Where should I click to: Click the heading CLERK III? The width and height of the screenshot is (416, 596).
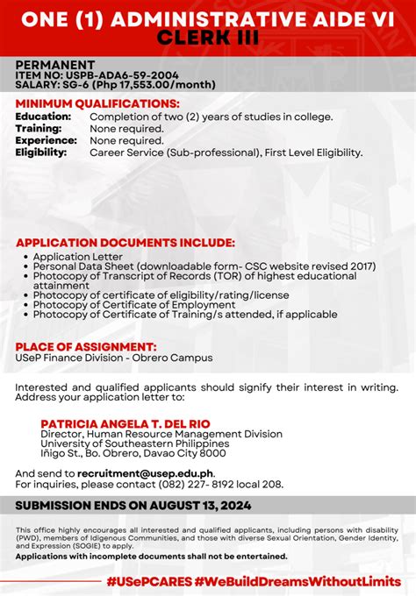point(207,37)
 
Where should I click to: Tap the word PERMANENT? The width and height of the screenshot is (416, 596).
point(54,65)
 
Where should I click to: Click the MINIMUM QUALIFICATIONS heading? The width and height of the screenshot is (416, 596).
point(97,103)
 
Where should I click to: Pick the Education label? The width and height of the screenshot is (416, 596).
point(43,117)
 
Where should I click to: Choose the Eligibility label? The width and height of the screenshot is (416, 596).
point(40,153)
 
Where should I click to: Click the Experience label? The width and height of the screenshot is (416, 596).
point(46,140)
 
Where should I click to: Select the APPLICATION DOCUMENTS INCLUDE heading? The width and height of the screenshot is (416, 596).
point(125,242)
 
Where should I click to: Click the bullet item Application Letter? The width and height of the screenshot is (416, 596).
point(78,256)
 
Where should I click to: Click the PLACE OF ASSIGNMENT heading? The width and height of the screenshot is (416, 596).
point(86,347)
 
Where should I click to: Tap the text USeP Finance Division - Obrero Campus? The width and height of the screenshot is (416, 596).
point(113,358)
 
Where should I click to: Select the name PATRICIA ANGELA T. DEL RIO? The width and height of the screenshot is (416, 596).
point(126,423)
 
